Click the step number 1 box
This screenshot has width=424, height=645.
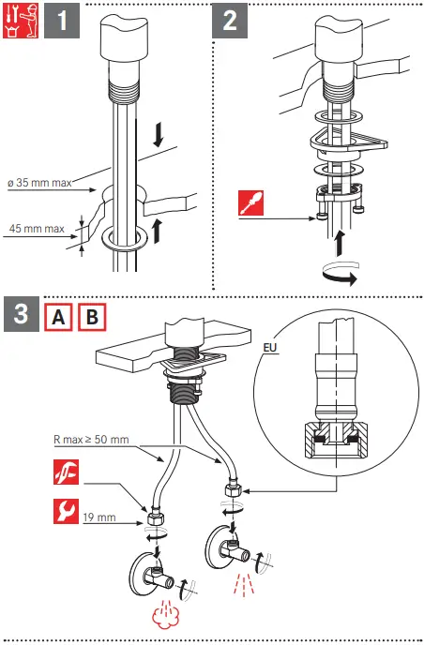[x=62, y=21]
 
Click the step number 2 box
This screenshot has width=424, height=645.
[x=230, y=21]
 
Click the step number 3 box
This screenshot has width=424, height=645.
[x=22, y=314]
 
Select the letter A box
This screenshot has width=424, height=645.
[x=58, y=317]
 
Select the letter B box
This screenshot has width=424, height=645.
[x=92, y=317]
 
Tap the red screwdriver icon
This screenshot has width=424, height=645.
[x=251, y=202]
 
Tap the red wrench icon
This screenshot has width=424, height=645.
[x=66, y=511]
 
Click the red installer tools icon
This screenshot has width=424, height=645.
[x=21, y=21]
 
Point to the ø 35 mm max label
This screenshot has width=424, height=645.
[x=39, y=183]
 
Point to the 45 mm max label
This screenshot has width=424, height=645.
[x=37, y=229]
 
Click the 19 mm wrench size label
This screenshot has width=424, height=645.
[x=99, y=517]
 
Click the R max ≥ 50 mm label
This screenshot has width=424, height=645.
[x=91, y=440]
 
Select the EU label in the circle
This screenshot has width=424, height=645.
[x=270, y=348]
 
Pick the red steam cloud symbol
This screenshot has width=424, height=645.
[x=164, y=613]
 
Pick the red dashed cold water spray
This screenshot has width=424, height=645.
[x=244, y=584]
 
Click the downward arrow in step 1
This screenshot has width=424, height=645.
[x=159, y=137]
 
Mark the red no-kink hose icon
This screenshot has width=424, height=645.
[x=66, y=472]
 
